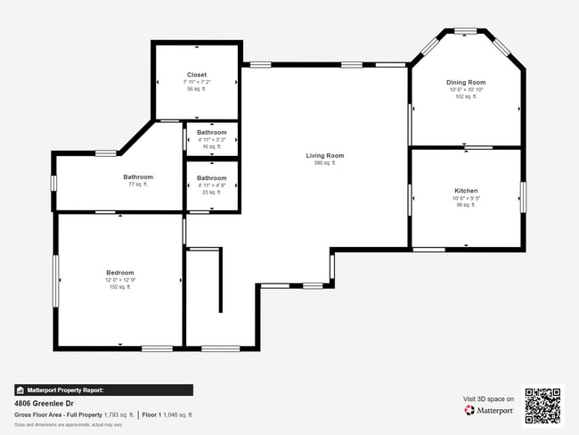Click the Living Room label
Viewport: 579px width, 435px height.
click(x=324, y=155)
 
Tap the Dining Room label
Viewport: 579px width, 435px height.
click(x=466, y=82)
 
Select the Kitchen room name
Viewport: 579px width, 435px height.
click(x=466, y=191)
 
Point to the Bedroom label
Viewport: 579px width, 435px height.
click(x=120, y=272)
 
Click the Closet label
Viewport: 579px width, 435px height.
click(x=197, y=75)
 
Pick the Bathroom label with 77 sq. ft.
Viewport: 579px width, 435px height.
click(x=138, y=176)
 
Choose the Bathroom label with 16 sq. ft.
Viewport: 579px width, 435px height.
click(x=212, y=133)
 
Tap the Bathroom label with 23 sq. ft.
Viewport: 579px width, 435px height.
click(x=212, y=178)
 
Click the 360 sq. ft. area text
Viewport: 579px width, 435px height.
click(x=324, y=163)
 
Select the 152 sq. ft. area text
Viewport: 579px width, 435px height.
click(x=120, y=287)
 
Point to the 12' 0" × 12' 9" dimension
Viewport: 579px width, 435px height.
click(x=120, y=280)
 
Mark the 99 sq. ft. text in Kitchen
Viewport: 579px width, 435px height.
click(x=466, y=205)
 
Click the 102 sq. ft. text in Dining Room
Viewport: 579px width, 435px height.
click(x=466, y=96)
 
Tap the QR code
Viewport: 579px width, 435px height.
click(x=542, y=405)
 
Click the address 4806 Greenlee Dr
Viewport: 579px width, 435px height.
click(x=45, y=403)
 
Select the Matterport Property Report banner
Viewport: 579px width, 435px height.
click(x=103, y=390)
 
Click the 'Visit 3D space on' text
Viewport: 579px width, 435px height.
click(x=488, y=398)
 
